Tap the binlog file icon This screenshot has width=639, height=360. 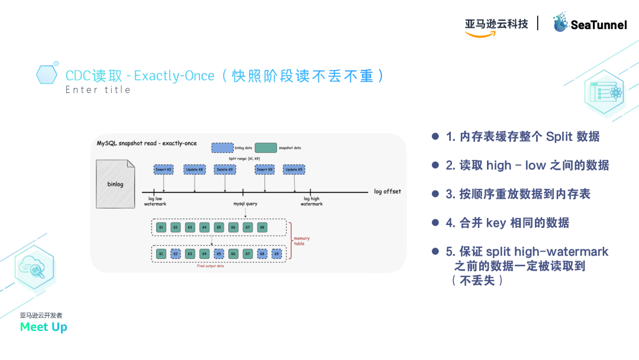115,184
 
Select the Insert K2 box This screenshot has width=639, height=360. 163,170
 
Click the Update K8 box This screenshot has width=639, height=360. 195,170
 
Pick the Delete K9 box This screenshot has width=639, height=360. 225,170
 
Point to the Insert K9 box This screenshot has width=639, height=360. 264,170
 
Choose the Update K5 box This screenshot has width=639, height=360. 294,170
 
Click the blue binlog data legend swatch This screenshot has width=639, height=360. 222,147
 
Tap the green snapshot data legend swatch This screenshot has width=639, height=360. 266,147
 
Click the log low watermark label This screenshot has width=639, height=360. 155,201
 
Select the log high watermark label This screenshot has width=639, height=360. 311,201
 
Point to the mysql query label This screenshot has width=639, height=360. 243,204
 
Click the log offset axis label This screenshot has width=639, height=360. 387,192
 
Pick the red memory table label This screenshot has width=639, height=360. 301,241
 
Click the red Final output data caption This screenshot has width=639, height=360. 211,266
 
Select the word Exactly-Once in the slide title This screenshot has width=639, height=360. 174,76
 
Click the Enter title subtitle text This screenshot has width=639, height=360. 98,90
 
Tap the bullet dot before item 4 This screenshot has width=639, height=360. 435,223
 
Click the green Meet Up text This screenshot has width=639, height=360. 43,327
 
